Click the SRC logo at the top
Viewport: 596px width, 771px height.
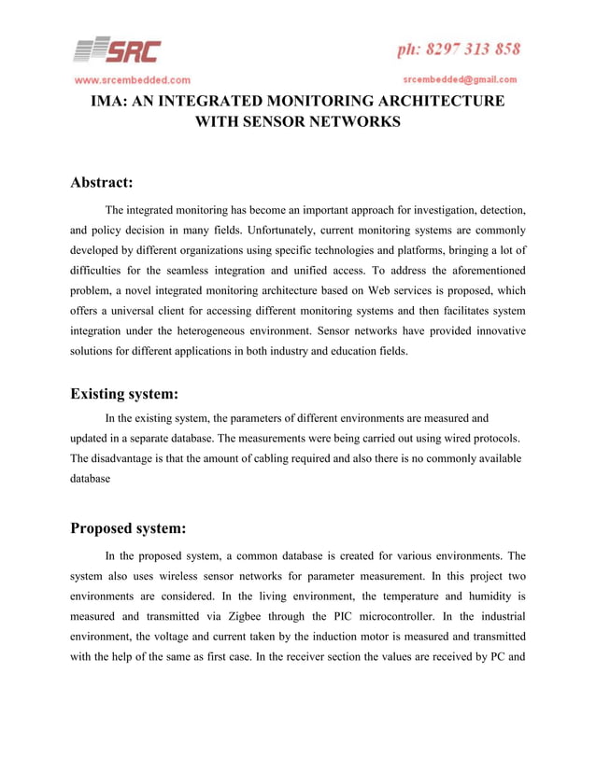pyautogui.click(x=118, y=50)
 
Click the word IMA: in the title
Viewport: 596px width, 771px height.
pyautogui.click(x=114, y=101)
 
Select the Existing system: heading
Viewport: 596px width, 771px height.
pyautogui.click(x=124, y=393)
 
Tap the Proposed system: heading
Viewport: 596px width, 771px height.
pyautogui.click(x=128, y=528)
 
